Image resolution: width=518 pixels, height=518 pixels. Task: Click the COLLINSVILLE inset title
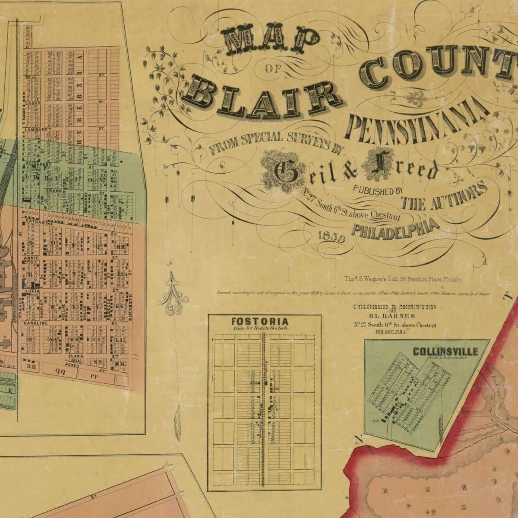445,351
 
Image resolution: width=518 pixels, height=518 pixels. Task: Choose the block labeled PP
92,376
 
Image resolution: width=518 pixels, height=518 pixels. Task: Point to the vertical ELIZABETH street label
131,306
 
